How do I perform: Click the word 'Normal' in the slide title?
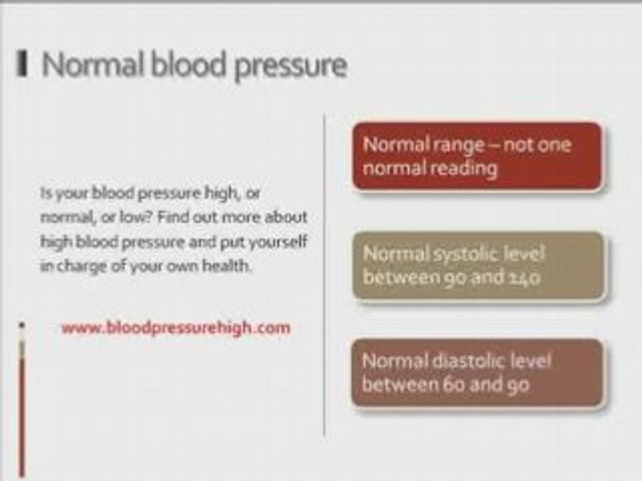click(93, 64)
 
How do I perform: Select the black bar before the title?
click(22, 63)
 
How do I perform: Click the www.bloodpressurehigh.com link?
click(176, 328)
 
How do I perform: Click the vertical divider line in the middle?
click(324, 275)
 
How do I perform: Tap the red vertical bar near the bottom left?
click(21, 409)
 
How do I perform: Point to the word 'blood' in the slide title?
click(189, 64)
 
